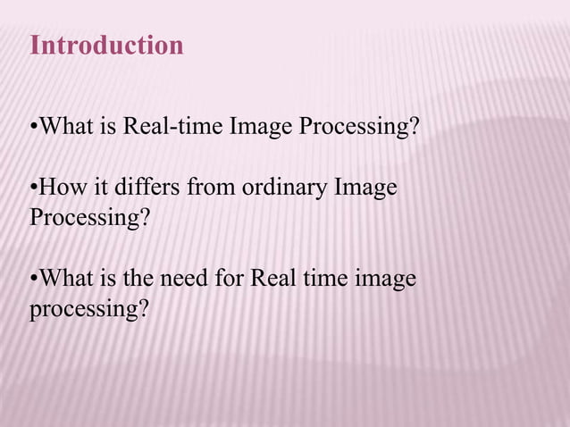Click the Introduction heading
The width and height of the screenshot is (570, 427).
click(x=106, y=46)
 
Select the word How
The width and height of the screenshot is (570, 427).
click(x=62, y=189)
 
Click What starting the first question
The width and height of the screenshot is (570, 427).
click(x=66, y=127)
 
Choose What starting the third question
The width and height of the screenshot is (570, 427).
click(x=66, y=279)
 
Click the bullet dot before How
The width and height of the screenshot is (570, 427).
click(x=34, y=189)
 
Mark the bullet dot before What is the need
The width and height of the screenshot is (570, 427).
click(x=34, y=279)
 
